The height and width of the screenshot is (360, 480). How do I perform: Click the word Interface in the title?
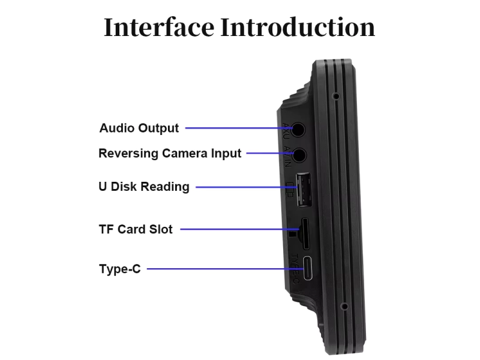coord(159,27)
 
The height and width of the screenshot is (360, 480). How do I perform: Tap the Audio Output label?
coord(139,128)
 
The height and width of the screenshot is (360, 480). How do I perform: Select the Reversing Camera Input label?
coord(170,153)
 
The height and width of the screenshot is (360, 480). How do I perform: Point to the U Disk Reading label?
coord(144,187)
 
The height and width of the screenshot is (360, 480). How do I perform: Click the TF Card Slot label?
coord(136,229)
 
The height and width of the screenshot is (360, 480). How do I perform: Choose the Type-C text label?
coord(120,269)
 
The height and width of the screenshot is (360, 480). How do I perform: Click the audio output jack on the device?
coord(298,128)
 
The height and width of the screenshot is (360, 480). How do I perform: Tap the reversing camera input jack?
coord(298,154)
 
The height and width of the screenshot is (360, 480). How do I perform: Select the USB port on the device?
coord(302,188)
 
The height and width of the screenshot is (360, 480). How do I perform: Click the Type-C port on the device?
coord(308,269)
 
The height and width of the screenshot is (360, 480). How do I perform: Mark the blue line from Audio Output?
coord(234,128)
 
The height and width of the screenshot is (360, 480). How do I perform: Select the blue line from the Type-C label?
coord(222,269)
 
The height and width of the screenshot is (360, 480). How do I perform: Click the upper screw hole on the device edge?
coord(336,96)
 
